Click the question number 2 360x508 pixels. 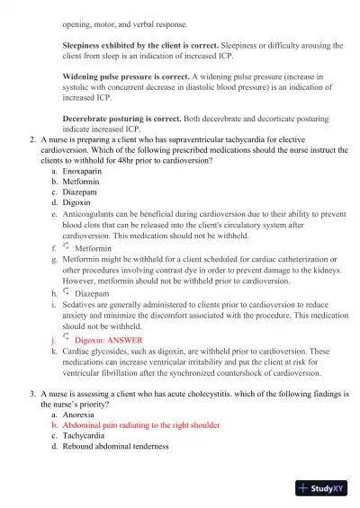click(32, 139)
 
